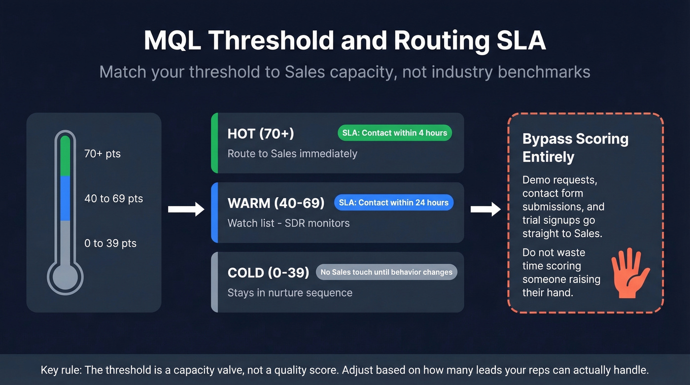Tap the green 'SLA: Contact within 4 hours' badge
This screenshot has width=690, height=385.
(394, 133)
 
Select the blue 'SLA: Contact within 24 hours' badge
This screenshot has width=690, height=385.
(393, 203)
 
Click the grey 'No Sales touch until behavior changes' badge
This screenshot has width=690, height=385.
(386, 272)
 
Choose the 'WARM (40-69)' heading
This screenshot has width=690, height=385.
(276, 203)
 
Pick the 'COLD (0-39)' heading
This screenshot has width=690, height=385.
(268, 273)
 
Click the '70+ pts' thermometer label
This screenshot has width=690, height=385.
(103, 154)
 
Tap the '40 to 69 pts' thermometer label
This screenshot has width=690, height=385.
(114, 199)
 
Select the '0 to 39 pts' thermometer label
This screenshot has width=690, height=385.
(110, 244)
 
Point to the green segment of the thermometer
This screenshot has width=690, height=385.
(65, 156)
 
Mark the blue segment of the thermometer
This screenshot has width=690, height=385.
(65, 198)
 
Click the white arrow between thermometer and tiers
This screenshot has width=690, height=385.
(186, 210)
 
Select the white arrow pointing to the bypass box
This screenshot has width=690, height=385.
(485, 210)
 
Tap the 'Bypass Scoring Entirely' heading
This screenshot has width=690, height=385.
(575, 148)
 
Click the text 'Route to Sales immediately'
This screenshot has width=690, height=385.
(292, 154)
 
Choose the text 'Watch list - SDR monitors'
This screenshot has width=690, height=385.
(288, 223)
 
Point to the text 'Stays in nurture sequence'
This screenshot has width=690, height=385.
(290, 293)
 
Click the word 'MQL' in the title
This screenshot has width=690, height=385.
(172, 41)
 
